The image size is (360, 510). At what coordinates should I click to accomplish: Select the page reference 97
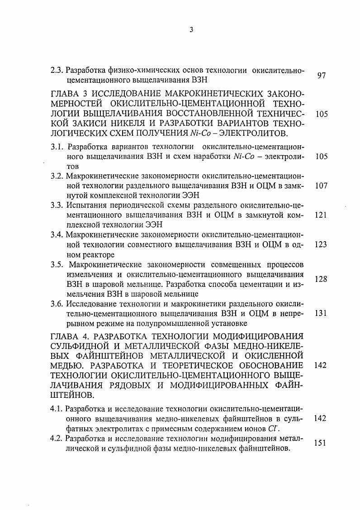[322, 76]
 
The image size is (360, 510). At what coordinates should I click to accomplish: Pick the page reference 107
[321, 186]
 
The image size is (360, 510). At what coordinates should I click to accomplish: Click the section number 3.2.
[57, 176]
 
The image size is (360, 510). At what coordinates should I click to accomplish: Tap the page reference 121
[321, 215]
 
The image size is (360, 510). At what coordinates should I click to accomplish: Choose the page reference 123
[321, 244]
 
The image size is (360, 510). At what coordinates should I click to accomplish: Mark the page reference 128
[321, 279]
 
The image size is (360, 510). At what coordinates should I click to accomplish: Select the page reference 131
[321, 313]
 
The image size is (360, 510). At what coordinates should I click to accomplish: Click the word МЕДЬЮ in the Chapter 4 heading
[68, 365]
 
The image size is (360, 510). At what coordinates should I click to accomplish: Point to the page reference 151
[321, 444]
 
